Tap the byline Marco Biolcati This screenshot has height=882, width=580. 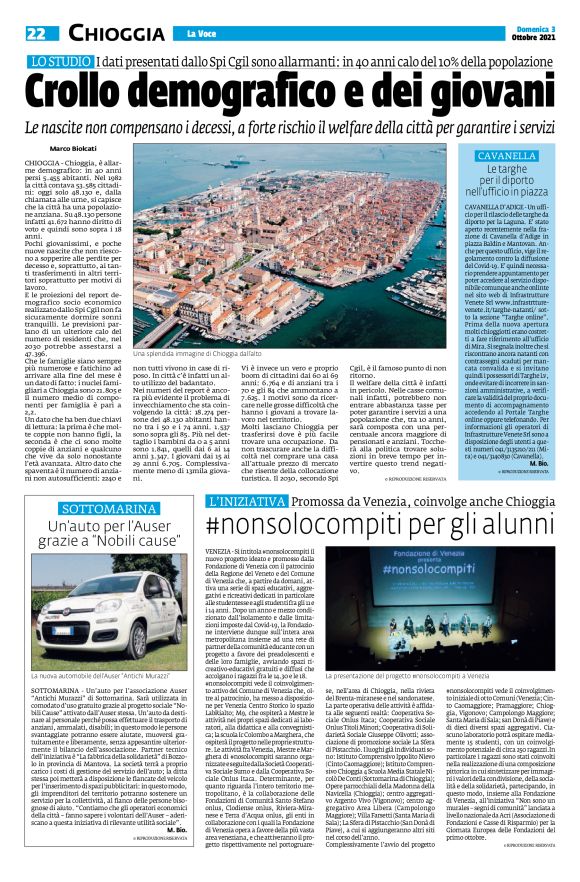74,149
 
